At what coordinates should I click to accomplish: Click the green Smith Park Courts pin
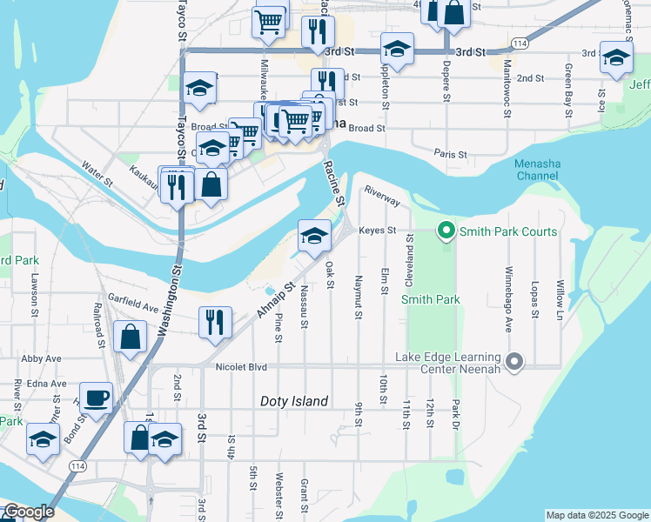coord(446,231)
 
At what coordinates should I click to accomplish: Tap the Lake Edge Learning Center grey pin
coord(514,361)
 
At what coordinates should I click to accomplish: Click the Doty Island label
coord(294,401)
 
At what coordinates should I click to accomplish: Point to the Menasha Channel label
coord(535,170)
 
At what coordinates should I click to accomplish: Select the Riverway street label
coord(382,196)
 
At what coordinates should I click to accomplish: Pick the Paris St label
coord(451,154)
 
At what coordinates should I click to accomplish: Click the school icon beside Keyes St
coord(314,234)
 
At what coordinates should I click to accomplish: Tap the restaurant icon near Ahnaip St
coord(215,321)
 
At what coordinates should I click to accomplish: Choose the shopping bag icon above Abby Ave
coord(130,338)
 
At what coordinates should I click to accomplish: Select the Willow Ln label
coord(560,298)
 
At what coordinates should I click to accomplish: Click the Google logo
coord(29,512)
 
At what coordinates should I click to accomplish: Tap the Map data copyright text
coord(596,515)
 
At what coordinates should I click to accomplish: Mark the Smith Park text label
coord(430,299)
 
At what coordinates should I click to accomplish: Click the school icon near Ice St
coord(616,58)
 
